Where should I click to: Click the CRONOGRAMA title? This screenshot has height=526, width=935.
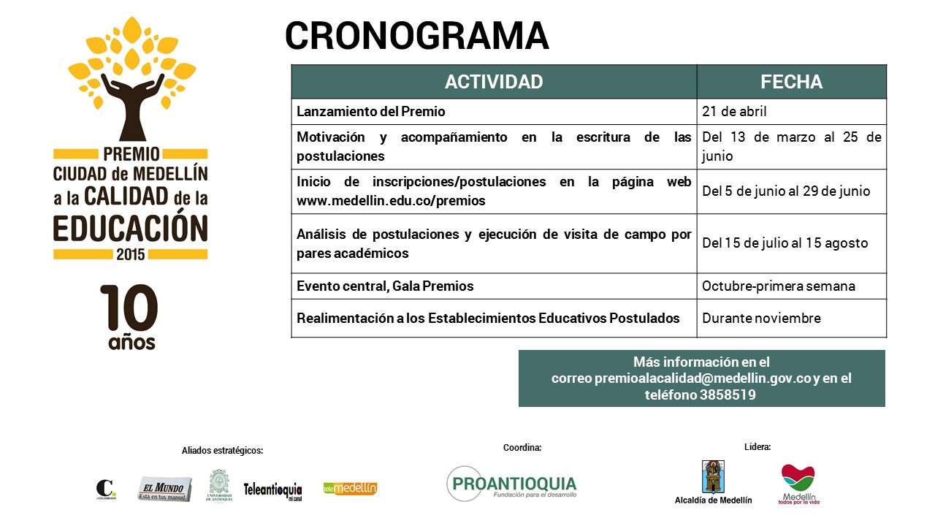pyautogui.click(x=416, y=37)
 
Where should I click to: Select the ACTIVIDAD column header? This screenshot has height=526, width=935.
pyautogui.click(x=494, y=82)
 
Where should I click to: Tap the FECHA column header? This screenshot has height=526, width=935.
pyautogui.click(x=791, y=82)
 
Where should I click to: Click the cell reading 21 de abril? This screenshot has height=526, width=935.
pyautogui.click(x=734, y=112)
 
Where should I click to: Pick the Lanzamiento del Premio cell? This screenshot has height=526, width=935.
pyautogui.click(x=371, y=112)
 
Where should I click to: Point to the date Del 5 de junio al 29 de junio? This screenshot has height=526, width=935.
pyautogui.click(x=786, y=191)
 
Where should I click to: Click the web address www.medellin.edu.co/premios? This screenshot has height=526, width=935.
pyautogui.click(x=391, y=200)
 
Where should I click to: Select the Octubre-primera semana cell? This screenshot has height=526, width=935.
pyautogui.click(x=778, y=286)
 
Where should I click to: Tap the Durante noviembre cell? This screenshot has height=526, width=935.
pyautogui.click(x=761, y=318)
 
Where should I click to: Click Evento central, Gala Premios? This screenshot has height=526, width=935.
pyautogui.click(x=385, y=286)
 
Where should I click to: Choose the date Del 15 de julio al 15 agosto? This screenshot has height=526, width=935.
pyautogui.click(x=785, y=243)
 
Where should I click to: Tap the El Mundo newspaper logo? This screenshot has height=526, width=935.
pyautogui.click(x=165, y=488)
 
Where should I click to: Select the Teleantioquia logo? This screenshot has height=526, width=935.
pyautogui.click(x=273, y=489)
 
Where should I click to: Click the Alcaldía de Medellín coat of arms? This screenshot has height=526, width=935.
pyautogui.click(x=713, y=476)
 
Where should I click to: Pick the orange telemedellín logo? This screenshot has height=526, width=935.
pyautogui.click(x=351, y=488)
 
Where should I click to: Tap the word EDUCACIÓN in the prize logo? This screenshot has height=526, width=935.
pyautogui.click(x=131, y=227)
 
